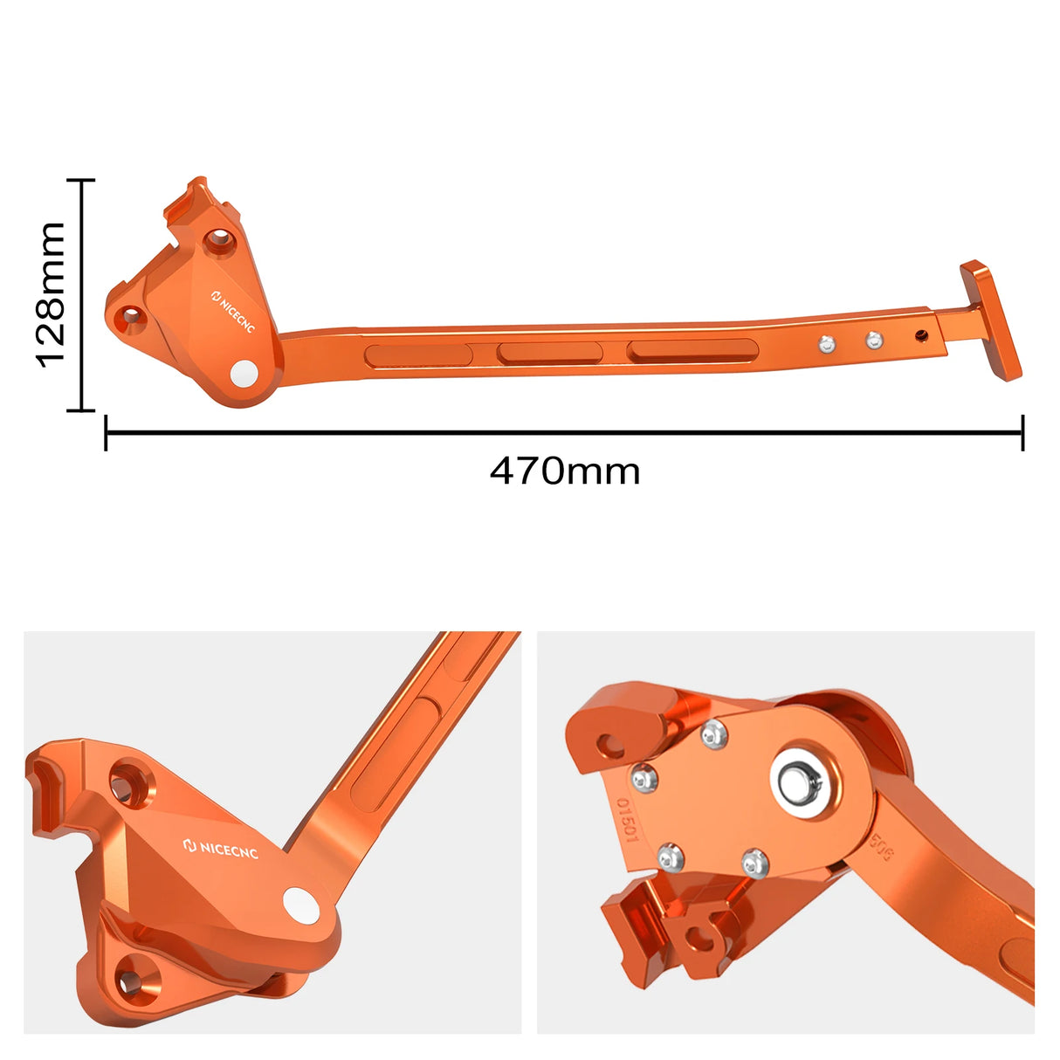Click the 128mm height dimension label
[52, 294]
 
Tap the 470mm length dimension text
[565, 471]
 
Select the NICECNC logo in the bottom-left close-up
[221, 848]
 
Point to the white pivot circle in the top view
[245, 373]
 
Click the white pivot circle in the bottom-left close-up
[299, 905]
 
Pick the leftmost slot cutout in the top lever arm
[418, 355]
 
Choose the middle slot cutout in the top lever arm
[549, 353]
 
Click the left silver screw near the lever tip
[825, 345]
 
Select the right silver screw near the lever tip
[874, 340]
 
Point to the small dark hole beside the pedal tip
[921, 334]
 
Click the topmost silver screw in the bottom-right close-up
[714, 735]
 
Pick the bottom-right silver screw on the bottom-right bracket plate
[755, 864]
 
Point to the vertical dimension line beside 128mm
[82, 294]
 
